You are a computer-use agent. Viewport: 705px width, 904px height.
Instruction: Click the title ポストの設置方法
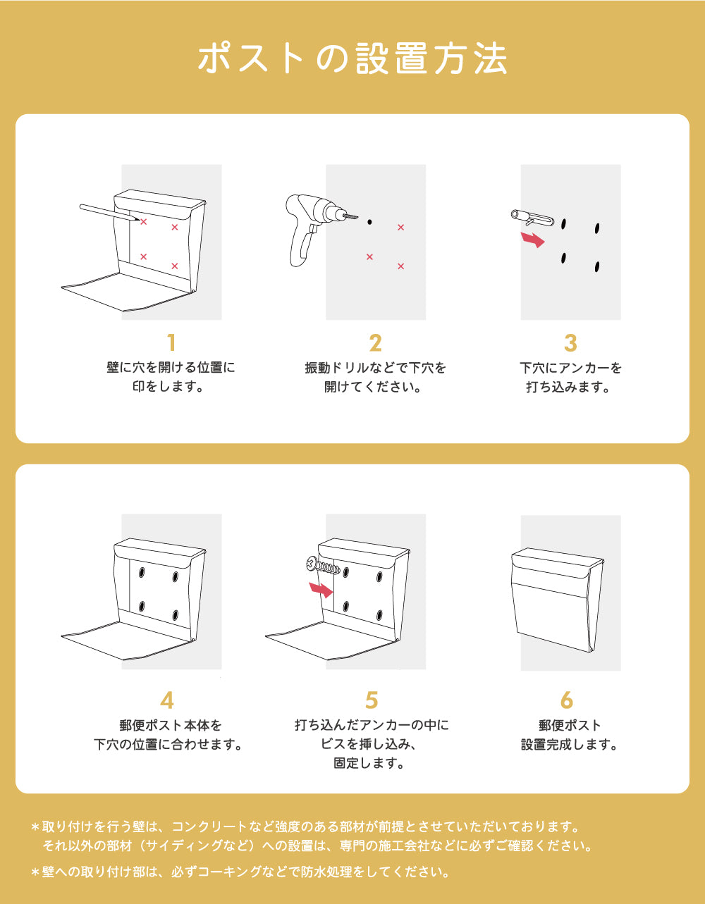(352, 58)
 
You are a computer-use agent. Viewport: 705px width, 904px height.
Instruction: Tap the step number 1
(171, 343)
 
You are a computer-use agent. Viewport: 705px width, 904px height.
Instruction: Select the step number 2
(375, 343)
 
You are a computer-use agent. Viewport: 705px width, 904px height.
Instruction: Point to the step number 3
(570, 343)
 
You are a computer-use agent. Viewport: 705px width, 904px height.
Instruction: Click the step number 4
(167, 700)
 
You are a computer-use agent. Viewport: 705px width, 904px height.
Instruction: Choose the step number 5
(372, 700)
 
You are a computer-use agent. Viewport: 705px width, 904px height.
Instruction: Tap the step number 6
(567, 700)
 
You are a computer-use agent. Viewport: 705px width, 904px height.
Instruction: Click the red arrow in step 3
(534, 240)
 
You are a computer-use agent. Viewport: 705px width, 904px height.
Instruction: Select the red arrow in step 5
(321, 589)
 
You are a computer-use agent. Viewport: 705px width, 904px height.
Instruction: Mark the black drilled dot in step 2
(369, 222)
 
